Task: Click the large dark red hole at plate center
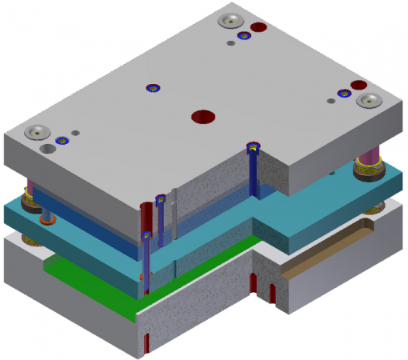click(203, 117)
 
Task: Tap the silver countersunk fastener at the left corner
click(38, 132)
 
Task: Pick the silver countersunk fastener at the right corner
click(370, 101)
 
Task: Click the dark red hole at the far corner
click(258, 27)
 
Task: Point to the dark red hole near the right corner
click(358, 84)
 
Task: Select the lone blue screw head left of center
click(152, 88)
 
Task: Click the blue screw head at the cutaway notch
click(254, 147)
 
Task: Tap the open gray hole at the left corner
click(50, 149)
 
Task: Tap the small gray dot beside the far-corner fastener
click(231, 44)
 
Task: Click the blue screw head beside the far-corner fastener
click(243, 35)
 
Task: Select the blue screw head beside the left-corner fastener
click(60, 140)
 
